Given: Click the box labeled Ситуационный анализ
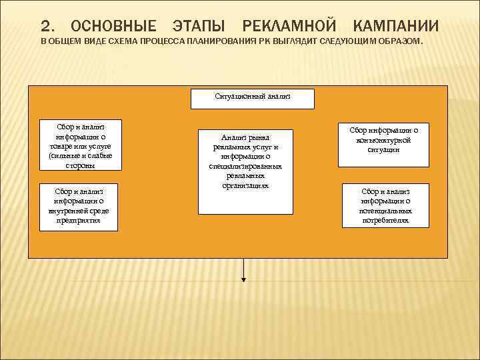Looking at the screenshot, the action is [x=253, y=99].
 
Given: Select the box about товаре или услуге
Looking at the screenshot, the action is [x=80, y=145].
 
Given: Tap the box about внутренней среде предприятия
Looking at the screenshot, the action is [x=79, y=207].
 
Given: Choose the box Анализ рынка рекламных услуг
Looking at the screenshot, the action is [x=245, y=171].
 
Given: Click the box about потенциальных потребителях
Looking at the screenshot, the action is [x=385, y=205].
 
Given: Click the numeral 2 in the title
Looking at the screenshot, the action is [x=45, y=27].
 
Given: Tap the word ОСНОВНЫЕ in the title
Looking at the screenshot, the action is [x=113, y=27].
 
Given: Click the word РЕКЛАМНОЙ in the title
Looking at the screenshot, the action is [x=289, y=27].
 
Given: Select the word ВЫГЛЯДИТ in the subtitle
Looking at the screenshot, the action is [x=293, y=42].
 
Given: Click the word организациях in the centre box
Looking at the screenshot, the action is [x=245, y=185].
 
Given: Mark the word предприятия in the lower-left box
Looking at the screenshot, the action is [x=79, y=221].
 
